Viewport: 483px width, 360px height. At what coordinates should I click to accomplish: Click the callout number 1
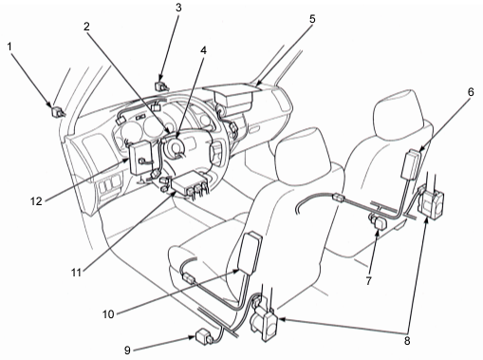point(9,47)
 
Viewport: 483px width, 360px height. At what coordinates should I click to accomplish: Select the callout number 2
point(86,27)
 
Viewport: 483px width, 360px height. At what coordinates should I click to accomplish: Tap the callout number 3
point(178,8)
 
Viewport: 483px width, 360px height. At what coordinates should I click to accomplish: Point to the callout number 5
point(312,19)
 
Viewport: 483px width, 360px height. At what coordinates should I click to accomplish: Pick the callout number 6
point(471,92)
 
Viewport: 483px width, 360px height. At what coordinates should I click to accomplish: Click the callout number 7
point(368,280)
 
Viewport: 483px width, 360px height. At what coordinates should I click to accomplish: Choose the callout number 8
point(407,341)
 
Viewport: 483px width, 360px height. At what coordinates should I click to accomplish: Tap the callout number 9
point(127,351)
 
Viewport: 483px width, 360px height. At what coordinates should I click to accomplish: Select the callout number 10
point(108,314)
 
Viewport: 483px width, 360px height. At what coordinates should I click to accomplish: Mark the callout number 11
point(76,272)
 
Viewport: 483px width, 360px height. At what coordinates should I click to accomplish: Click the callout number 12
point(36,200)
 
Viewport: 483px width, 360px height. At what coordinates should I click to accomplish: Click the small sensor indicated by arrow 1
point(57,111)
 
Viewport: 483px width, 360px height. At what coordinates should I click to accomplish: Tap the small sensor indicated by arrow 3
point(161,85)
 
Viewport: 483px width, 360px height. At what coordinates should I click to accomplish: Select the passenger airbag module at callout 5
point(233,96)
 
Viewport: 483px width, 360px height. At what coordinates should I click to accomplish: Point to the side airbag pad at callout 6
point(411,163)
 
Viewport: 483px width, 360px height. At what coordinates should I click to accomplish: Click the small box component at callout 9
point(203,336)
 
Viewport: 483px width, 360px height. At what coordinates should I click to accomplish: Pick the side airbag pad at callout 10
point(250,251)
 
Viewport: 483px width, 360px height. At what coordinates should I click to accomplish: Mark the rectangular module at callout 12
point(140,158)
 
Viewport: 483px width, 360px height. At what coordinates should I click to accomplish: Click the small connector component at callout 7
point(379,221)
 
